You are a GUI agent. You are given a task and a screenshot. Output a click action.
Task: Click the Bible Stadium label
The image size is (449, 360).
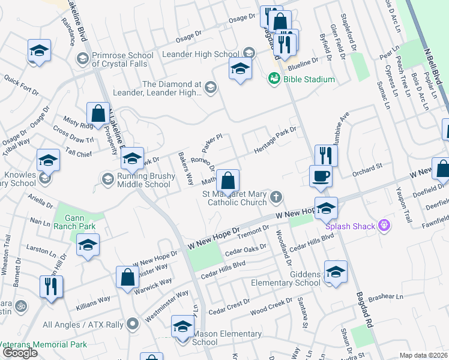310,79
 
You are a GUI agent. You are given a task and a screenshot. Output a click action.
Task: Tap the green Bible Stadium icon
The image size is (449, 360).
274,79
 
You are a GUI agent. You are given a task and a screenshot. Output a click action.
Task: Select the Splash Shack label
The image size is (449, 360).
350,226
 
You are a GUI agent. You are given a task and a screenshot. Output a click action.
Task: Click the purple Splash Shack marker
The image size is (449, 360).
385,226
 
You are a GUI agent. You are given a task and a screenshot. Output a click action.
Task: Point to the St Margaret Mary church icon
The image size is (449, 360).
276,196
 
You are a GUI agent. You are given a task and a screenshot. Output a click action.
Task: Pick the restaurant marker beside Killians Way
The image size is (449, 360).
50,286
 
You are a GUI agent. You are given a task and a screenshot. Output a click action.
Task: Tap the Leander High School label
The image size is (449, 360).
200,54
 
